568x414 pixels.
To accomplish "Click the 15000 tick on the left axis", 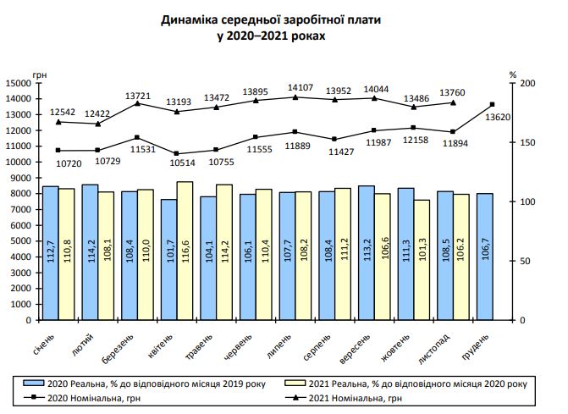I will point(17,83).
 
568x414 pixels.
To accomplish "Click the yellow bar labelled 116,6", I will point(184,251).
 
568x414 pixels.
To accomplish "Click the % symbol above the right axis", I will point(514,75).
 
